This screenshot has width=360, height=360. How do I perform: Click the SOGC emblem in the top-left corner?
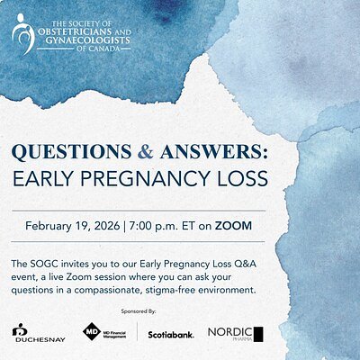point(23,33)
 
